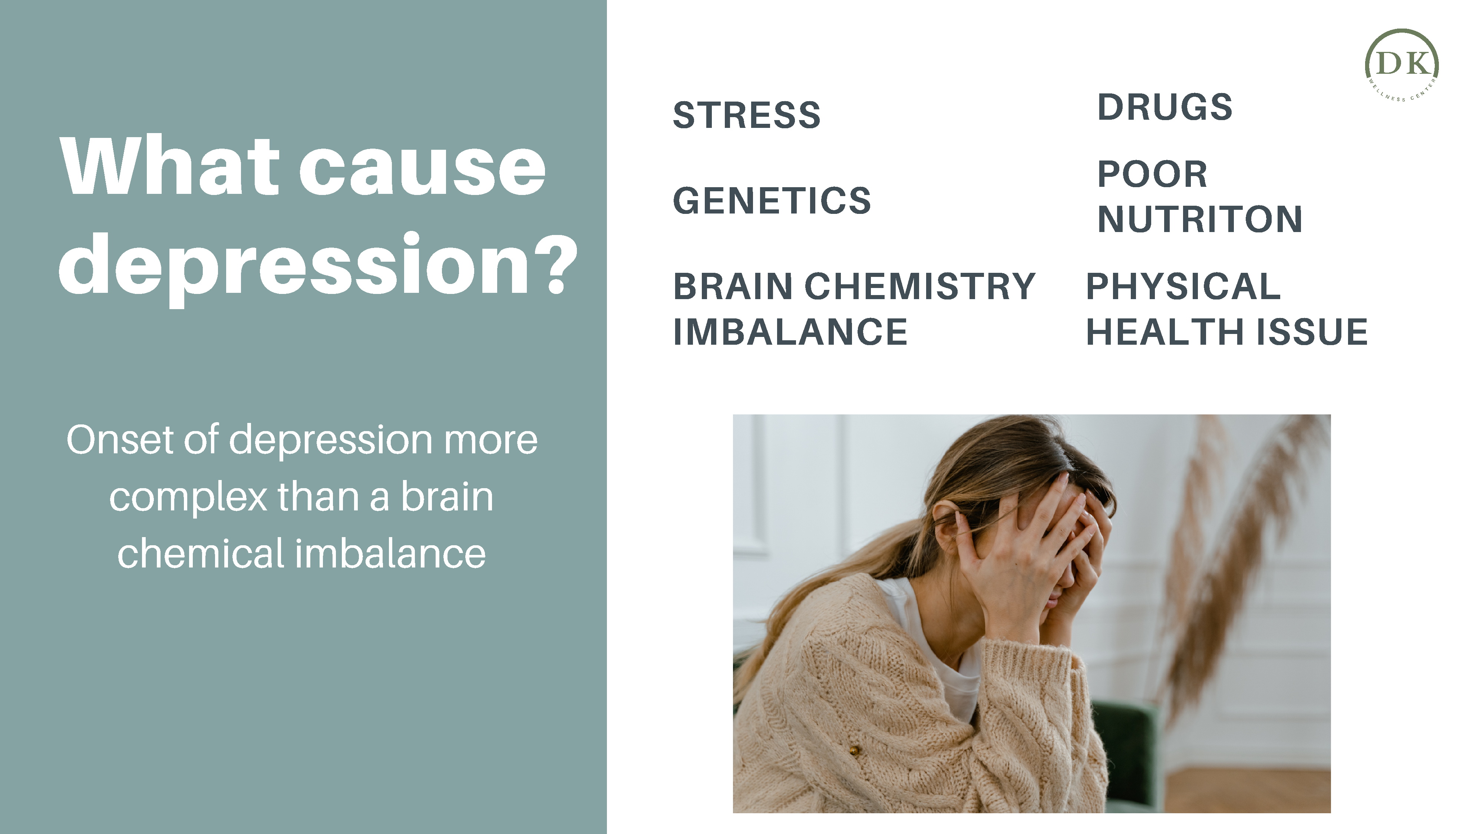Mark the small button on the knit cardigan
[854, 750]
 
